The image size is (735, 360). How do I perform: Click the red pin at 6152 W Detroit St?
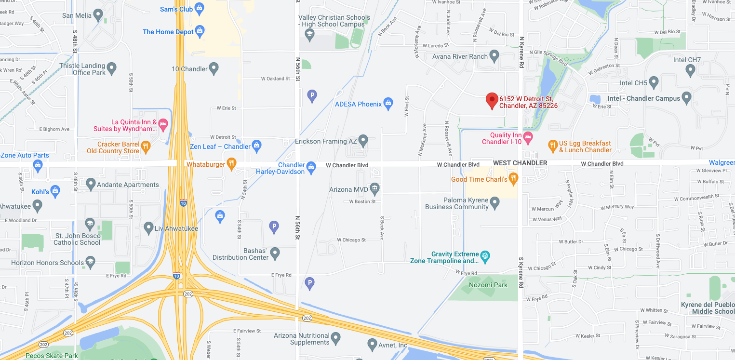tap(492, 100)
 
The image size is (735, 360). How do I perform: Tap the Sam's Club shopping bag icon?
tap(200, 8)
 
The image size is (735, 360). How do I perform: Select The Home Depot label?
tap(168, 32)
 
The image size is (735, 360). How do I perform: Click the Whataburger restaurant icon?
tap(232, 164)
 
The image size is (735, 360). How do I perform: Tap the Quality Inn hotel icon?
tap(528, 137)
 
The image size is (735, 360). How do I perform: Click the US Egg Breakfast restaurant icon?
tap(553, 145)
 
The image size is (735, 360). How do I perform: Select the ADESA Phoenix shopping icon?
tap(388, 104)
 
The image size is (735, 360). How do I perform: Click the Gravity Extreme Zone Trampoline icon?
tap(485, 255)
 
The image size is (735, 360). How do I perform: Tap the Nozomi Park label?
tap(488, 285)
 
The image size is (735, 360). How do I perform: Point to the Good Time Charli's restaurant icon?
tap(513, 179)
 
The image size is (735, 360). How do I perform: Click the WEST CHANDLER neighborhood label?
tap(520, 163)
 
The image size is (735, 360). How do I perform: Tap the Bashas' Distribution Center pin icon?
tap(275, 252)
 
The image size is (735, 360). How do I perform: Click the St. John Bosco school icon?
tap(90, 223)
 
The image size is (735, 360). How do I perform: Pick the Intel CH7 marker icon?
tap(690, 70)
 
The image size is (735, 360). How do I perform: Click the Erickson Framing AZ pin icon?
tap(363, 141)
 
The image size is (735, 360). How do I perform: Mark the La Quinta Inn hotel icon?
tap(163, 125)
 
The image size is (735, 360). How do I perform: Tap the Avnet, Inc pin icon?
tap(372, 345)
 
